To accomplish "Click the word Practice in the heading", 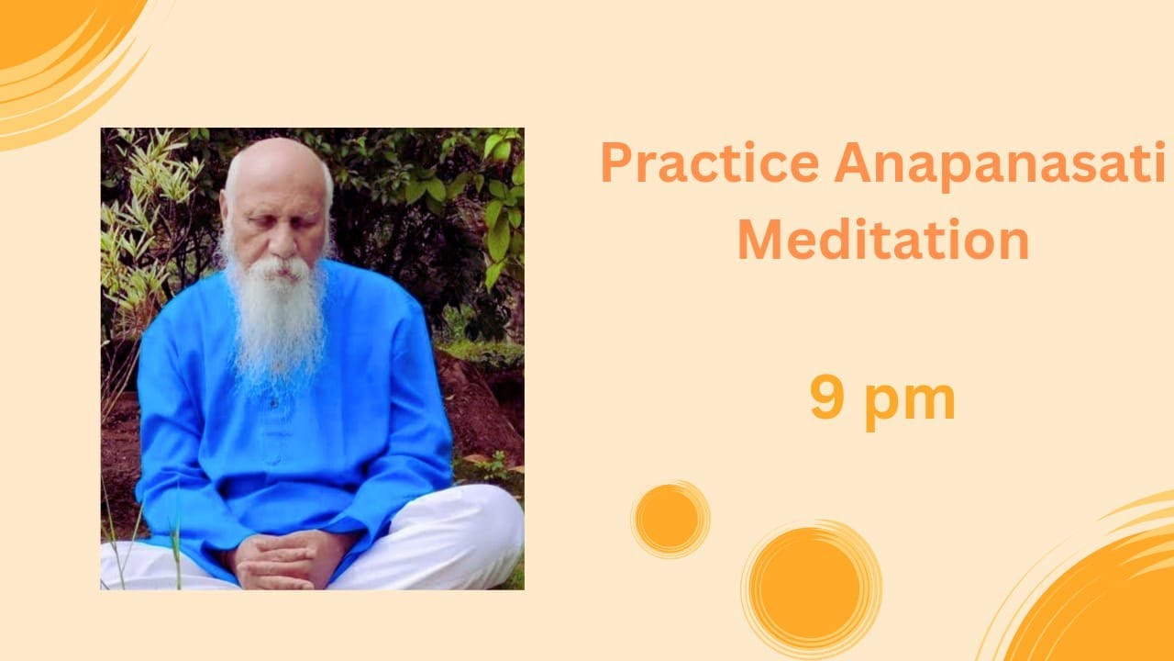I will coord(709,163).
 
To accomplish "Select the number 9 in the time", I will coord(827,398).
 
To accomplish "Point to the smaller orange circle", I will coord(670,519).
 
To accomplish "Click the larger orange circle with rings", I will coord(811,588).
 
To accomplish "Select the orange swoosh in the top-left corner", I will coord(55,46).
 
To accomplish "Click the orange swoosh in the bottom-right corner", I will coord(1101,597).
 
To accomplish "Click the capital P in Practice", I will coord(617,163).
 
